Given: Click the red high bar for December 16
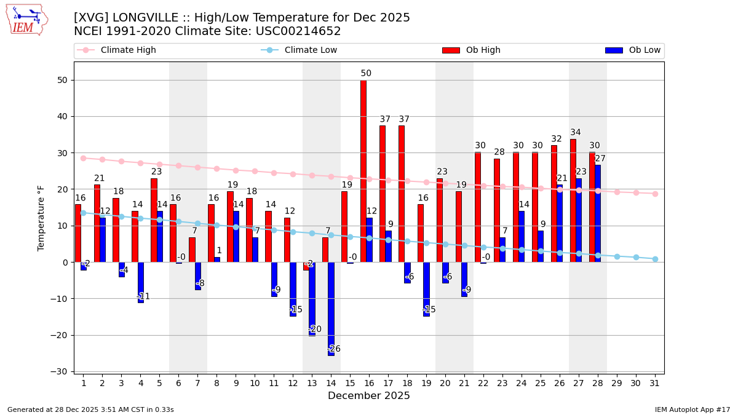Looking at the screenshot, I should [x=363, y=171].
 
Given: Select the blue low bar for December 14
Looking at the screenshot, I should [x=331, y=309].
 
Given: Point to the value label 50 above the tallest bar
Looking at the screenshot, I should [x=366, y=74].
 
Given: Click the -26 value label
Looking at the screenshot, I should [x=334, y=349].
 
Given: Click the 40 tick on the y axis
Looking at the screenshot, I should [x=62, y=117].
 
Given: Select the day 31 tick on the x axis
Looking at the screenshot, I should [x=655, y=383].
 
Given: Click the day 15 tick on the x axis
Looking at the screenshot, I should [x=350, y=383].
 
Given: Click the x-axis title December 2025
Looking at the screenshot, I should [x=369, y=396].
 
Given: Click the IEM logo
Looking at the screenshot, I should [x=26, y=20].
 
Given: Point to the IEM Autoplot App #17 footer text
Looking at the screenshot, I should [x=692, y=409].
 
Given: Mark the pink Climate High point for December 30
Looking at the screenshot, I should [x=636, y=192].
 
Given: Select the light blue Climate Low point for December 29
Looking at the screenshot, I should [x=617, y=256].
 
